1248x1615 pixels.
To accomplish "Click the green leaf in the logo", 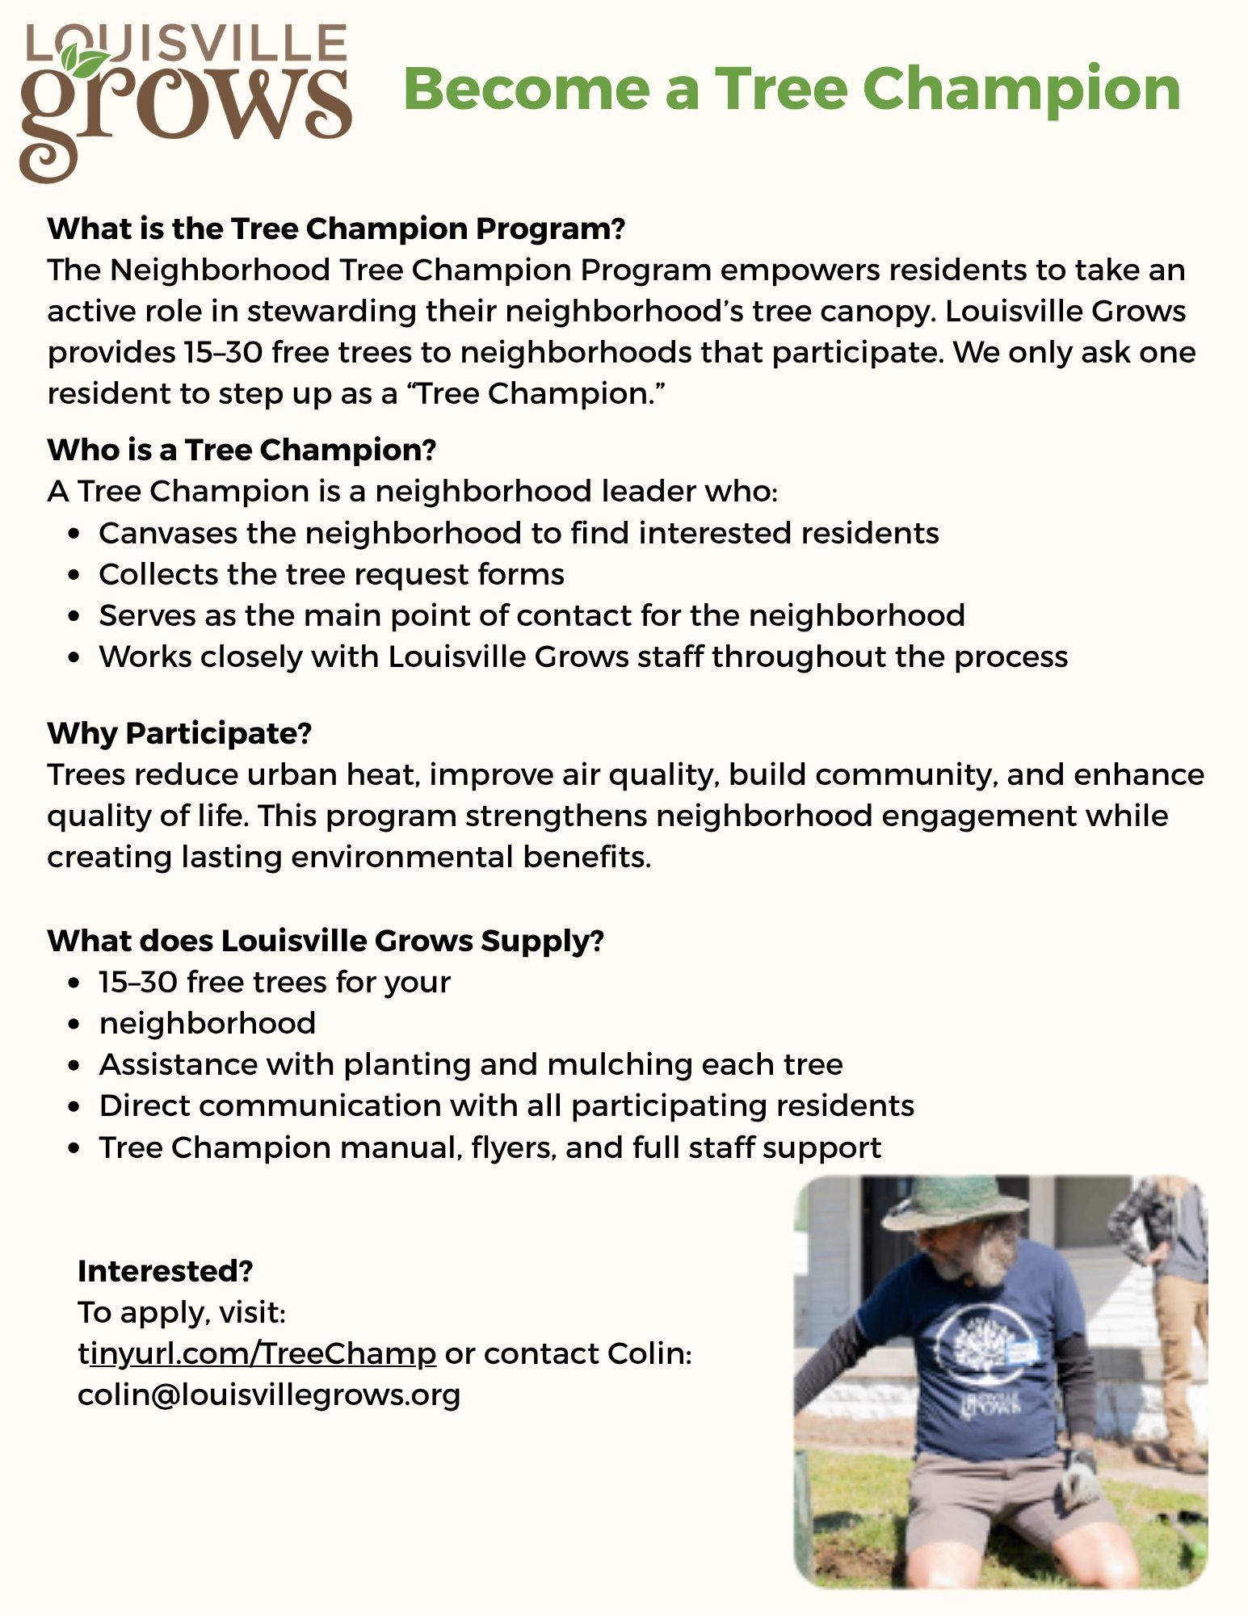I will tap(84, 61).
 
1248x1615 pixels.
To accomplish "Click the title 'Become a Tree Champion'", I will tap(792, 89).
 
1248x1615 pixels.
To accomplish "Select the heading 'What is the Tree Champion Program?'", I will tap(336, 229).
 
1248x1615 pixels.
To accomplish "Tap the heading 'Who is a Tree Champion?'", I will tap(242, 450).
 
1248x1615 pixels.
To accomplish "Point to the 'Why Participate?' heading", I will tap(179, 733).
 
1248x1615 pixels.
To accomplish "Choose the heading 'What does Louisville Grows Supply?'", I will tap(326, 941).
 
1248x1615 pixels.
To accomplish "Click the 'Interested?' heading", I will tap(166, 1271).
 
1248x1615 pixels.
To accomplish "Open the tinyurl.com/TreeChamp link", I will tap(263, 1353).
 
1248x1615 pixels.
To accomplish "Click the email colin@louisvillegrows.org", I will tap(269, 1395).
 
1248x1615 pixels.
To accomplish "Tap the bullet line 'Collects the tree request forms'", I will tap(331, 574).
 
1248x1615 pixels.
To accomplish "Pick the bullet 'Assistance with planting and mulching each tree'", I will tap(471, 1064).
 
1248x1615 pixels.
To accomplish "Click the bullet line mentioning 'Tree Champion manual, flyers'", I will tap(490, 1147).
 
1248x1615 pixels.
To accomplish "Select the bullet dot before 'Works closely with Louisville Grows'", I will tap(75, 657).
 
